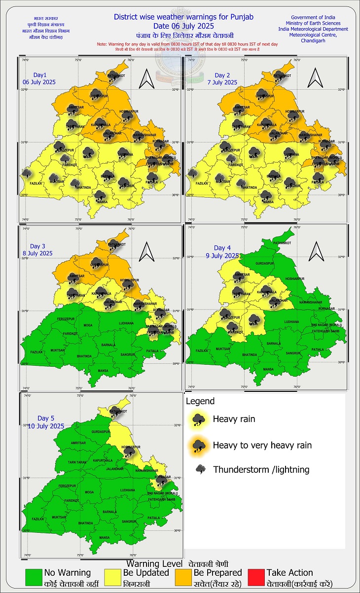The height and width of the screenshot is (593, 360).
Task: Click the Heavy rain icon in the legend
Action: point(199,419)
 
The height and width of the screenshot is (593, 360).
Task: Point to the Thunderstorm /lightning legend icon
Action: point(201,469)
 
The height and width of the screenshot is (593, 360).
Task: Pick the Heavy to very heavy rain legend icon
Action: point(199,445)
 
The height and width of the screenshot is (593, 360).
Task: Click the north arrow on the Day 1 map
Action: point(147,77)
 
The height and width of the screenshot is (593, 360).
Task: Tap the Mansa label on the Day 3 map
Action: point(103,371)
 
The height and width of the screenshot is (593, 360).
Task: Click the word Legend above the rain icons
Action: point(200,401)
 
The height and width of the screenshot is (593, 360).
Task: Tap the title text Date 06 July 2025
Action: point(183,26)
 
